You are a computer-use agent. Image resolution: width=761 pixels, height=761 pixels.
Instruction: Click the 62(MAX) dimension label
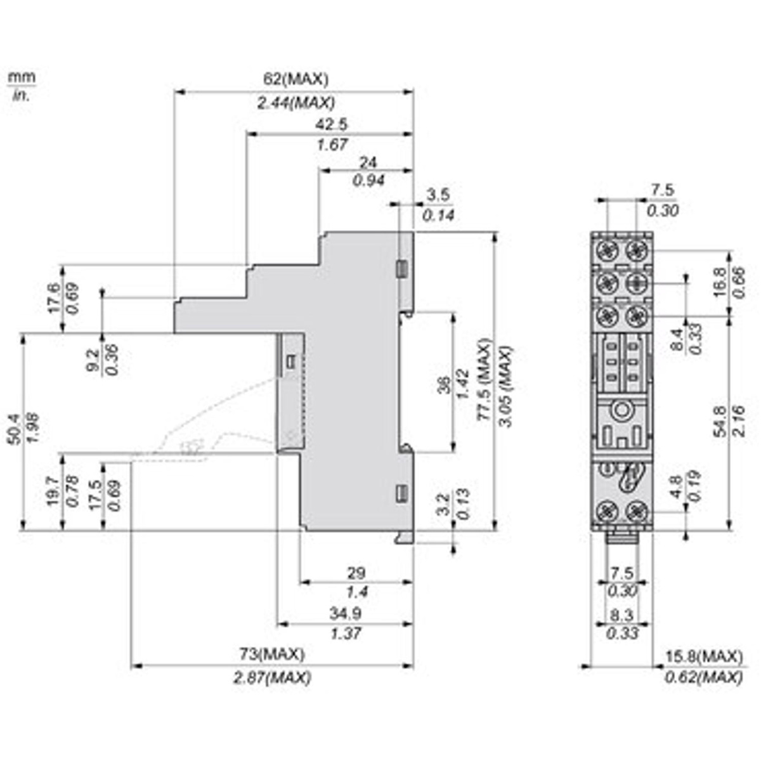[296, 80]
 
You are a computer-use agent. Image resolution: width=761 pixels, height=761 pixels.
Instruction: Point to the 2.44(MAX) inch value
[296, 102]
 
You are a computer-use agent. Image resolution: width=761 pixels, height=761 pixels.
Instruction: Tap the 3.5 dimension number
[439, 194]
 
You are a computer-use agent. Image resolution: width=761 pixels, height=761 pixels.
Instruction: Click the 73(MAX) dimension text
[271, 654]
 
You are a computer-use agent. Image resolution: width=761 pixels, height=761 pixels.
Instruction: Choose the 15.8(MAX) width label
[703, 655]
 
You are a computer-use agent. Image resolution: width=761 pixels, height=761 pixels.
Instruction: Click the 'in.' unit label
[21, 96]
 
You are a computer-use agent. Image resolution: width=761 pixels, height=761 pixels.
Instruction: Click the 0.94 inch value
[368, 181]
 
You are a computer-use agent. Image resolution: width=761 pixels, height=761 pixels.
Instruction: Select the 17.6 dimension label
[54, 297]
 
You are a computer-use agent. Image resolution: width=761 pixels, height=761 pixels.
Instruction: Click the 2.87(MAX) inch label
[272, 677]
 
